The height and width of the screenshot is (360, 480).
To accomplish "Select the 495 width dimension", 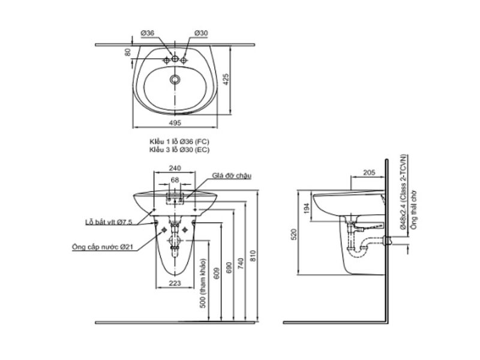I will click(x=175, y=123).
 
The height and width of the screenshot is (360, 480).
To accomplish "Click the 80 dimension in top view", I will click(x=127, y=52).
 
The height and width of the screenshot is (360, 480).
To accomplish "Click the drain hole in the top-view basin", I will click(x=175, y=79).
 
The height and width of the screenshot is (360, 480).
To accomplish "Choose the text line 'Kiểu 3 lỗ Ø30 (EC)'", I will click(x=179, y=150).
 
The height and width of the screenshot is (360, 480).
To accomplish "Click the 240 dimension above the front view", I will click(x=175, y=169).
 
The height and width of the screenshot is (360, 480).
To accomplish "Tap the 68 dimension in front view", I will click(x=175, y=179).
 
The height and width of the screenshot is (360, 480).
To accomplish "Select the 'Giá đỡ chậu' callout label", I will click(x=231, y=176).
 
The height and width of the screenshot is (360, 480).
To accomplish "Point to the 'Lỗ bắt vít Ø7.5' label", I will click(x=108, y=222).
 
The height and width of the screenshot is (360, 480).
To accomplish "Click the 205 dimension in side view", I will click(x=369, y=173).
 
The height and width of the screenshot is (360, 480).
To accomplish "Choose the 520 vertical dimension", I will click(x=295, y=234).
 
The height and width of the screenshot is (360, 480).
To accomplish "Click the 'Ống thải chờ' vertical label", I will click(x=413, y=211).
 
